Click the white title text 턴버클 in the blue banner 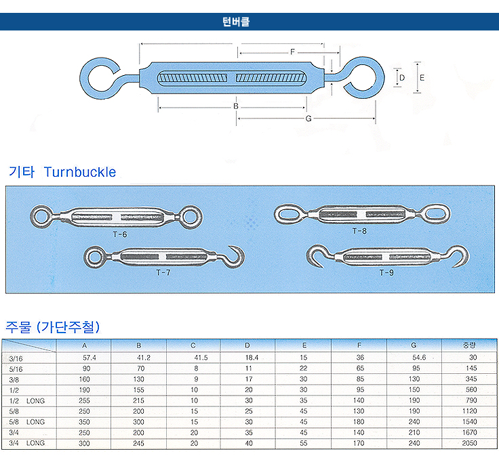click(x=236, y=22)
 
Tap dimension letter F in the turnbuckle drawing click(x=292, y=52)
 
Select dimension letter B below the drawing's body click(x=235, y=106)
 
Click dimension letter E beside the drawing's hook click(x=422, y=78)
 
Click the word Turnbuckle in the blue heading click(x=80, y=172)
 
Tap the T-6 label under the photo click(x=120, y=234)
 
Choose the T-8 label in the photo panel click(x=359, y=231)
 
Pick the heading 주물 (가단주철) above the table click(x=53, y=327)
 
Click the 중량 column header click(x=469, y=345)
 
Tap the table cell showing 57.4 click(x=89, y=357)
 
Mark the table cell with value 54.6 click(x=418, y=357)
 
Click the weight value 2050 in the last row click(x=469, y=443)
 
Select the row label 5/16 click(x=16, y=368)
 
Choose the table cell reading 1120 click(x=469, y=410)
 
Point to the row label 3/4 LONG click(x=27, y=443)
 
